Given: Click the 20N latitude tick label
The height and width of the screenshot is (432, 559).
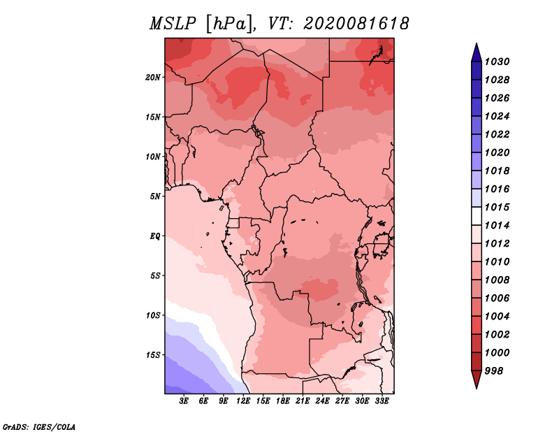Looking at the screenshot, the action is pos(153,78).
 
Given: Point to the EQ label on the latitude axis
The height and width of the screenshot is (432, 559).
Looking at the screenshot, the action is pos(155,236).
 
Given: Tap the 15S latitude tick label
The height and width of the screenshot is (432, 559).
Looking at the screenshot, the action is pos(153,355).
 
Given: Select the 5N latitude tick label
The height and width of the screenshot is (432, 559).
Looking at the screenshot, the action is pos(155,196).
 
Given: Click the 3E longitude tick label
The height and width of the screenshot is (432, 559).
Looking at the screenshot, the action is pos(184,401).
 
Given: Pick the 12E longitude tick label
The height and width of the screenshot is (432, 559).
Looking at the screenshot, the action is pos(243,401).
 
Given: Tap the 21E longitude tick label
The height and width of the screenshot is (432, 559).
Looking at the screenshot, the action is pos(303,401).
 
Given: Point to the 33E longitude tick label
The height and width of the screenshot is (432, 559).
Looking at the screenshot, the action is pos(382,401).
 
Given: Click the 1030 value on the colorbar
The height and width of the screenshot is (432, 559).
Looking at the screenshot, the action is pos(497,62).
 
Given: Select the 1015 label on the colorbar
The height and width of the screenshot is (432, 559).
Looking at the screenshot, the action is pos(497,207).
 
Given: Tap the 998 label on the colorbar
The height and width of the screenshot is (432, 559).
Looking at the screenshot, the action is pos(494,371).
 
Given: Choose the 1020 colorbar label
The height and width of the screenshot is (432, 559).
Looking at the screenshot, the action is pos(497,152).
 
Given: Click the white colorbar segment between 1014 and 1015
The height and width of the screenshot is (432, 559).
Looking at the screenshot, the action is pos(477,216).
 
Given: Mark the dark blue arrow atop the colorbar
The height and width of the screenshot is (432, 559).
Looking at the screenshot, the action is pos(477,52).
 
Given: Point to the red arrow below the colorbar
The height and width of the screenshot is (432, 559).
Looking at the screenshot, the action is pos(477,380).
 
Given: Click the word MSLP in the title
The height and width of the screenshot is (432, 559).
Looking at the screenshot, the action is pos(173,24).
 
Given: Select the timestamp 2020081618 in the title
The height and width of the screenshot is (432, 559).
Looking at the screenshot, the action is pos(356,24).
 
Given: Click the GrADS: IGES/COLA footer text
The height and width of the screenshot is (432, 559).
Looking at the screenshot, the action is pos(39,427).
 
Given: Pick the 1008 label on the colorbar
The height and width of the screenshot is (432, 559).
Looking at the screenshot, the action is pos(497,280).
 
